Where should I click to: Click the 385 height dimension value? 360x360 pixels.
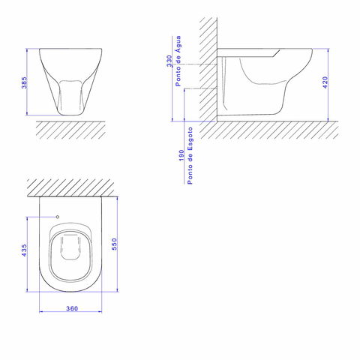pos(24,82)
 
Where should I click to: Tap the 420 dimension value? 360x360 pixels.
pos(325,82)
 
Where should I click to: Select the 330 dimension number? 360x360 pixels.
pos(169,61)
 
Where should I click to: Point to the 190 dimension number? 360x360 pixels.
pos(181,155)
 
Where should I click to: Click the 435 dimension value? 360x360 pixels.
pos(24,250)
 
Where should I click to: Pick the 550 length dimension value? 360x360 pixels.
pos(114,244)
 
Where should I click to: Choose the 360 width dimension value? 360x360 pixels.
pos(72,309)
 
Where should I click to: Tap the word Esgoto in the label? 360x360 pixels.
pos(190,139)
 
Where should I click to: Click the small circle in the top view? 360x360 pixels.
pos(58,217)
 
